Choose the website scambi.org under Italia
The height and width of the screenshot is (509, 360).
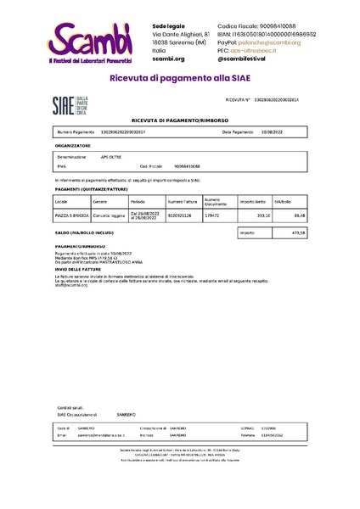click(168, 59)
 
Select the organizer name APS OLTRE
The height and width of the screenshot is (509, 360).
click(111, 158)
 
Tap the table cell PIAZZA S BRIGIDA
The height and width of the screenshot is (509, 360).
click(71, 216)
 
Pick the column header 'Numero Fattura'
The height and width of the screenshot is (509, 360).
click(182, 202)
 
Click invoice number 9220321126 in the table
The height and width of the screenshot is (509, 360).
click(180, 216)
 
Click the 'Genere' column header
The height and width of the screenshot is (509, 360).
click(100, 202)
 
